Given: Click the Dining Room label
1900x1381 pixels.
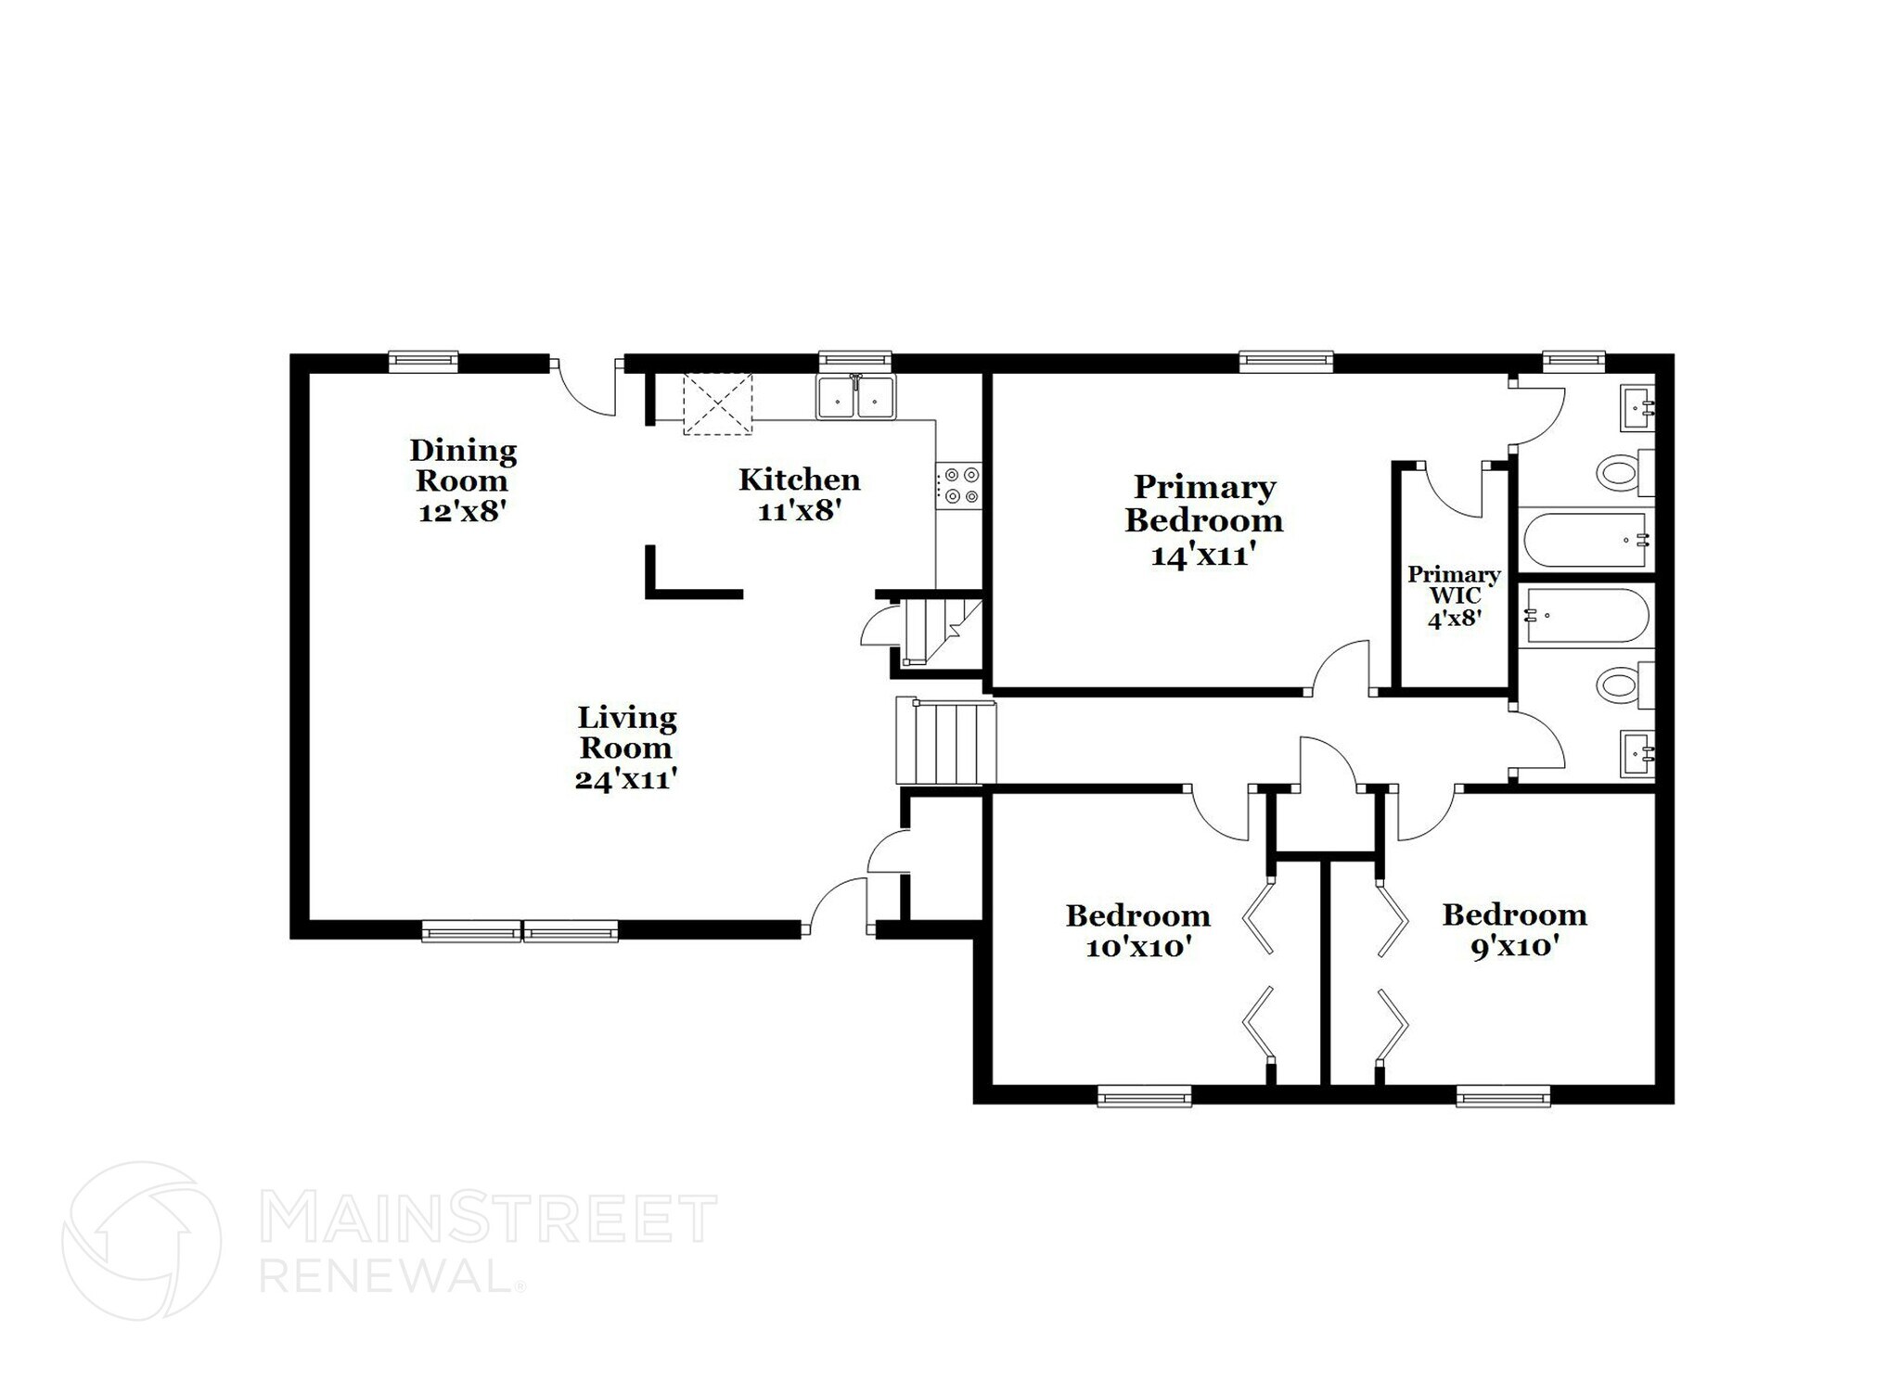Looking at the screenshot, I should [x=463, y=480].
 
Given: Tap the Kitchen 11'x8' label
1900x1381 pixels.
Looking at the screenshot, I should [x=799, y=493].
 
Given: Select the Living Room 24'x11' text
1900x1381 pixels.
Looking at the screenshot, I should [x=626, y=748].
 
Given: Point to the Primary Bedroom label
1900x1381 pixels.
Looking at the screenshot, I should [x=1204, y=520].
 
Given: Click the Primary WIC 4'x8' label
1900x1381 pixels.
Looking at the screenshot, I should [x=1453, y=596].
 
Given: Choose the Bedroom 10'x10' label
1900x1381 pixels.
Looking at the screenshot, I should [x=1137, y=931].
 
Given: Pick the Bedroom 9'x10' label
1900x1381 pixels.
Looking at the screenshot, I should [x=1514, y=930].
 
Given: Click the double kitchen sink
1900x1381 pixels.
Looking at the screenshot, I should [x=855, y=397].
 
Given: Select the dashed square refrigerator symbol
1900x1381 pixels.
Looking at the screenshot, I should [x=717, y=403].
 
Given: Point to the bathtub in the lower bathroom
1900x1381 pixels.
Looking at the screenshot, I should [x=1586, y=615].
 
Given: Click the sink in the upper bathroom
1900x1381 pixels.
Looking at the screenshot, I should [x=1637, y=408].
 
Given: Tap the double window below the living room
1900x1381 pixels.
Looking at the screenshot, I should [x=520, y=930].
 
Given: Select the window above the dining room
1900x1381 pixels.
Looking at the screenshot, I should [x=423, y=361].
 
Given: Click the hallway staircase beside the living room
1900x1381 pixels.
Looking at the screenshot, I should [x=945, y=743].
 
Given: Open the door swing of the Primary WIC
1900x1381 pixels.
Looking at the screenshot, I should [x=1453, y=490].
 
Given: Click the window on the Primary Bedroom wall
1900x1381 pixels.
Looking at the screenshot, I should [x=1287, y=362].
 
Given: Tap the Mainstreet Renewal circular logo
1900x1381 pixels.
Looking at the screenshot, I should [x=141, y=1241].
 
